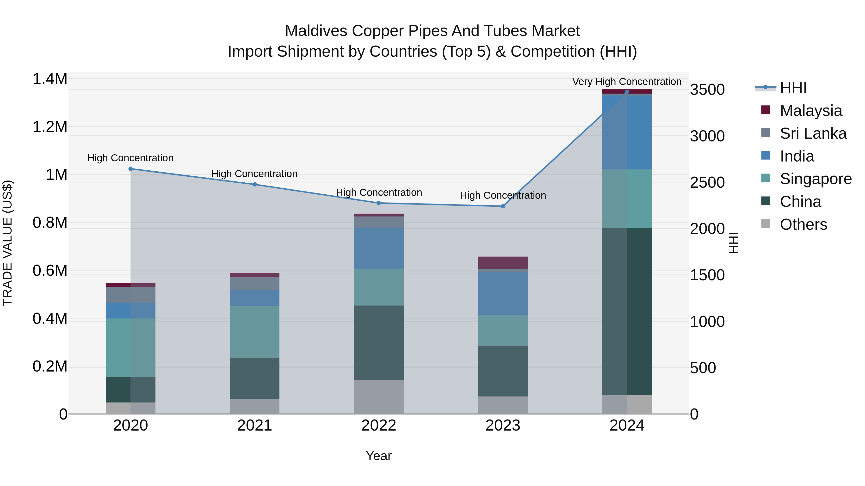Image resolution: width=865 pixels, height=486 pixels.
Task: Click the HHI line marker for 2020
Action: click(x=131, y=169)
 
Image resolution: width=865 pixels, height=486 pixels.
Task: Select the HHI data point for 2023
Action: click(x=503, y=206)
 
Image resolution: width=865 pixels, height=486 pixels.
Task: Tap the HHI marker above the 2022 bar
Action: click(x=379, y=203)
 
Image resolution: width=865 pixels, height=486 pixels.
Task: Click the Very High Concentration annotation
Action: click(x=627, y=82)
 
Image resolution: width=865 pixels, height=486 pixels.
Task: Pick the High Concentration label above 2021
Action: click(x=254, y=174)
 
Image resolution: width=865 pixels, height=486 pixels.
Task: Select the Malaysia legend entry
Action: click(x=811, y=111)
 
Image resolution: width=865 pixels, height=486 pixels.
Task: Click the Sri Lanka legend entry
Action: click(x=813, y=133)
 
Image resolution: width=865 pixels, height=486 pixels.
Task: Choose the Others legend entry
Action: click(x=803, y=224)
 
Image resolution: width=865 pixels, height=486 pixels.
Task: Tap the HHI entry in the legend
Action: click(x=793, y=88)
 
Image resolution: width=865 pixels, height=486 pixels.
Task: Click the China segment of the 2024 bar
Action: click(x=627, y=311)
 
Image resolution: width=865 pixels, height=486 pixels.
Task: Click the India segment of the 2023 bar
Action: click(x=503, y=294)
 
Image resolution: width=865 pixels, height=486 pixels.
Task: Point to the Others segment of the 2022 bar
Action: click(x=379, y=397)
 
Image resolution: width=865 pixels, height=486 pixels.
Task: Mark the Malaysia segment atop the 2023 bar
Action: click(x=503, y=263)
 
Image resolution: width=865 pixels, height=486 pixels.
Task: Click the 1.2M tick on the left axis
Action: click(x=50, y=127)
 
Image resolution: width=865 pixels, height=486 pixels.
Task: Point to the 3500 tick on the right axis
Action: click(x=707, y=90)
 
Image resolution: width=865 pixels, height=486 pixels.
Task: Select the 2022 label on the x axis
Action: click(x=379, y=426)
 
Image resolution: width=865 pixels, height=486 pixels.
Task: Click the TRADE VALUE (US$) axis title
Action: click(x=8, y=243)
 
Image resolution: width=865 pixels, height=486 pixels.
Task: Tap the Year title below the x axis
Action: click(x=379, y=456)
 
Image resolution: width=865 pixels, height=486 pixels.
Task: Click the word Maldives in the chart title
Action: click(x=316, y=31)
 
